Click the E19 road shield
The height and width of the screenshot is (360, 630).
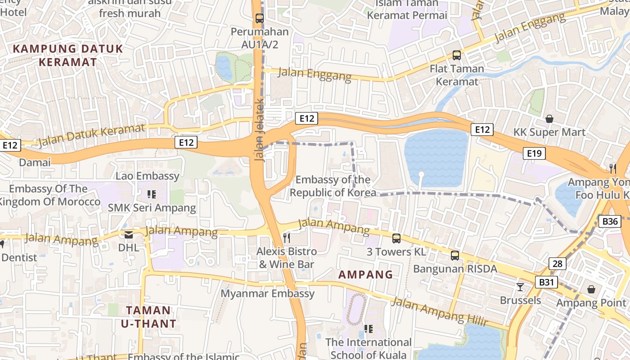pos(534,153)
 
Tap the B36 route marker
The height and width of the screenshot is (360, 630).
pos(610,221)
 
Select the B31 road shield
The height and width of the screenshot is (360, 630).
pos(546,282)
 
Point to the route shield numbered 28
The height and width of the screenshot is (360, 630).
pos(557,264)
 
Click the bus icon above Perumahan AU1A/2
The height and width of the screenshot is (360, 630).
pos(259,18)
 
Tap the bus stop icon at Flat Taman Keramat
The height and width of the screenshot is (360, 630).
pos(457,55)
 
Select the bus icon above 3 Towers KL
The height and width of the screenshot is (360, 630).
pos(396,238)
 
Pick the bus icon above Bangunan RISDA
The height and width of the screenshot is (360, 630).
pos(455,256)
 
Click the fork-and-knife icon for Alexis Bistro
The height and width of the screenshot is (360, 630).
pos(287,237)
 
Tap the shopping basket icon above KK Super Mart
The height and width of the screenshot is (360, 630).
pos(549,119)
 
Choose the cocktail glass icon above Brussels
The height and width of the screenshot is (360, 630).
pos(520,287)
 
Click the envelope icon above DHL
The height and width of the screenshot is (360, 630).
pos(129,234)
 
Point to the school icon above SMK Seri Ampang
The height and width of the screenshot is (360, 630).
pos(152,194)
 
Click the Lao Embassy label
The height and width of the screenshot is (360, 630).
pos(148,176)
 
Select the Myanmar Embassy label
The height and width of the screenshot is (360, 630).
pos(267,293)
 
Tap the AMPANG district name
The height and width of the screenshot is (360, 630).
pos(365,274)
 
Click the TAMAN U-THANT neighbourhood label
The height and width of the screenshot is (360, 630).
pos(148,317)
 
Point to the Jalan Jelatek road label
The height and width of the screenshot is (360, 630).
pos(260,130)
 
